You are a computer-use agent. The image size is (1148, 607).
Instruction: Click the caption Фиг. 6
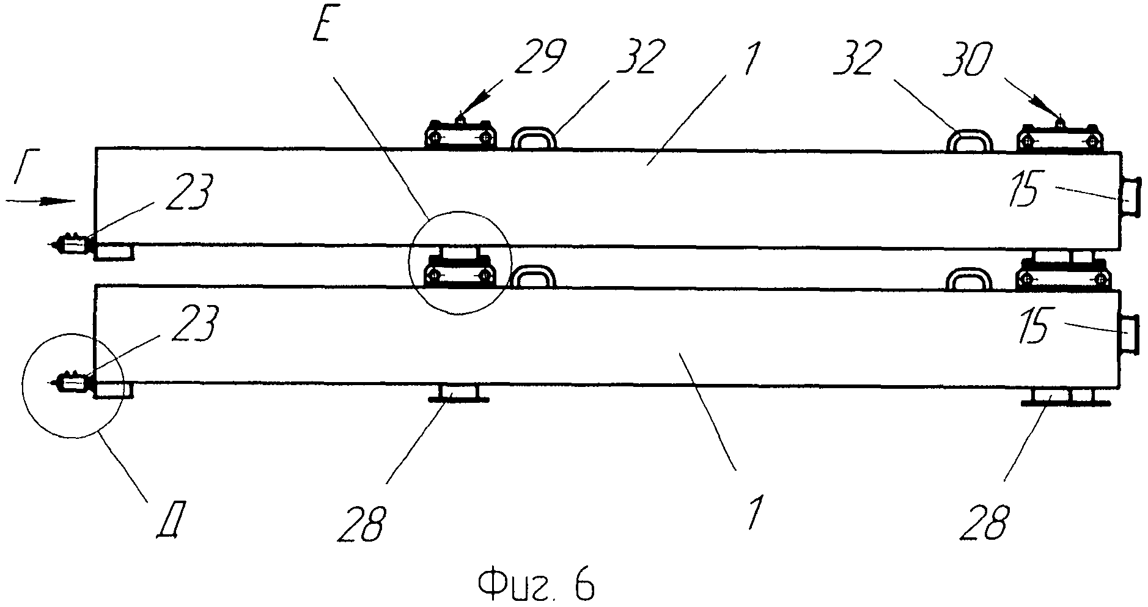[x=536, y=585]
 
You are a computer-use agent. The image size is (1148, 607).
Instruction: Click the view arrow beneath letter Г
[x=42, y=200]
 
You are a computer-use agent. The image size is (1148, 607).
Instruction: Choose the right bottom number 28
[x=984, y=521]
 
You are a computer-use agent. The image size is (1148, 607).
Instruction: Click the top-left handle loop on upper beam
[x=534, y=138]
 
